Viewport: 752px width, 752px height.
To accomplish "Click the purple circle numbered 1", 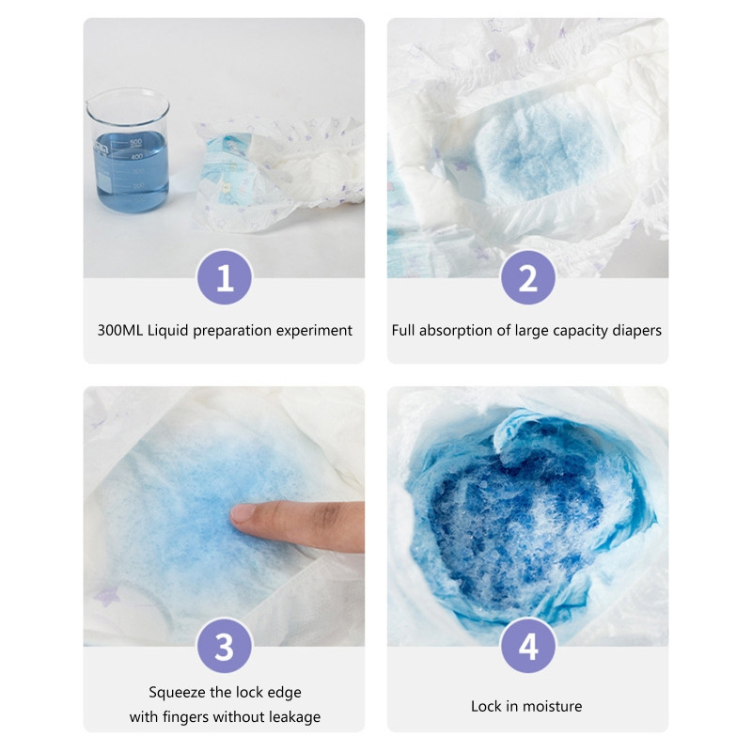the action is coord(225,277).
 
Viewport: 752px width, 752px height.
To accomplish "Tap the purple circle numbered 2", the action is coord(528,277).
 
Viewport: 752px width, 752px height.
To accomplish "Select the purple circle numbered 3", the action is coord(225,646).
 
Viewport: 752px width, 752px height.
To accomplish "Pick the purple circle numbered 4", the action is coord(528,646).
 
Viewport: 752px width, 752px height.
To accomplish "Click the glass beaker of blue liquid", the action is coord(128,150).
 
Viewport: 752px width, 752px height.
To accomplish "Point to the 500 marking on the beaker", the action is coord(135,143).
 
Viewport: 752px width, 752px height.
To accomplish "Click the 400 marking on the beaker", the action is coord(136,157).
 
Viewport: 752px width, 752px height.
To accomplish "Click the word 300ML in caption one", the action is coord(120,331).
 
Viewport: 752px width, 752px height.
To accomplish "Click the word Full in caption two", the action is coord(403,331).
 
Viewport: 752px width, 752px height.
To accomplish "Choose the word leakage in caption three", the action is coord(294,717).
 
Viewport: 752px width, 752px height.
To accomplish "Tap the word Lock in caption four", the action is coord(486,707).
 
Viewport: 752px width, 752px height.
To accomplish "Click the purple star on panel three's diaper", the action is coord(106,596).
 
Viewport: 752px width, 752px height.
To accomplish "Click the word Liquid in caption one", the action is coord(167,331).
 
